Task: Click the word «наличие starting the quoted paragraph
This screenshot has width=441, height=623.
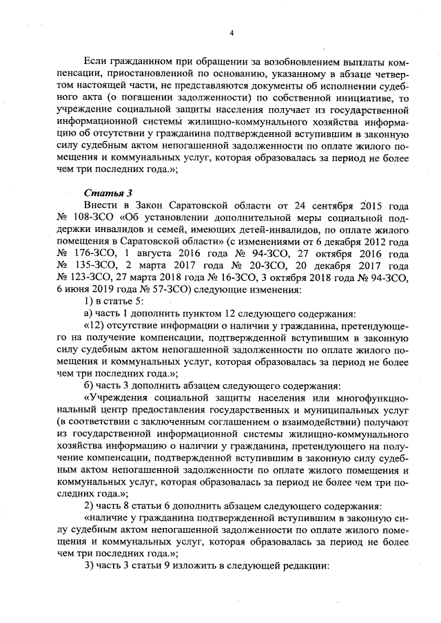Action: click(105, 522)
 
